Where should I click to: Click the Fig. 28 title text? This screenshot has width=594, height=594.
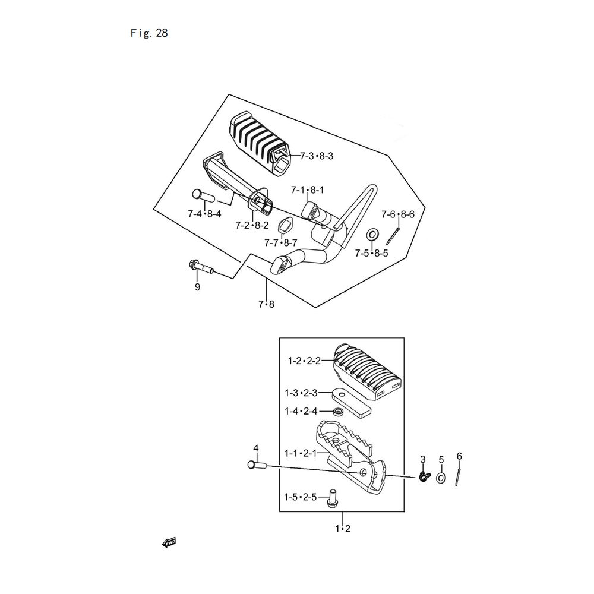(149, 33)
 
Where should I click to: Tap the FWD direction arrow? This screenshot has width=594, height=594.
(169, 543)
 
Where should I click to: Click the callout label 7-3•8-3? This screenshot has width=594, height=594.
(317, 156)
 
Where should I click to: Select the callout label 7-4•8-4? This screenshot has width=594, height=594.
(204, 214)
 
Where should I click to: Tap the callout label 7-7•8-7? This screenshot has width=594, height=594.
(281, 242)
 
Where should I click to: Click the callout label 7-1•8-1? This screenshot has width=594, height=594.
(307, 190)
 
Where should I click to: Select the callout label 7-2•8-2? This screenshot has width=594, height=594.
(252, 225)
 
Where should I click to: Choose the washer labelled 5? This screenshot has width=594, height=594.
(441, 478)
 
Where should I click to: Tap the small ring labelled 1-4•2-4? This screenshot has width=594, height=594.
(337, 412)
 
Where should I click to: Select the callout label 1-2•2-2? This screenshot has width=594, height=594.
(304, 361)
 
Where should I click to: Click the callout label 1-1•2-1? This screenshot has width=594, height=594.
(301, 453)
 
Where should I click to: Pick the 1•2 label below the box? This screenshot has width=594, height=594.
(343, 529)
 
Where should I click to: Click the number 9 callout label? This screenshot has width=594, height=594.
(197, 287)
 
